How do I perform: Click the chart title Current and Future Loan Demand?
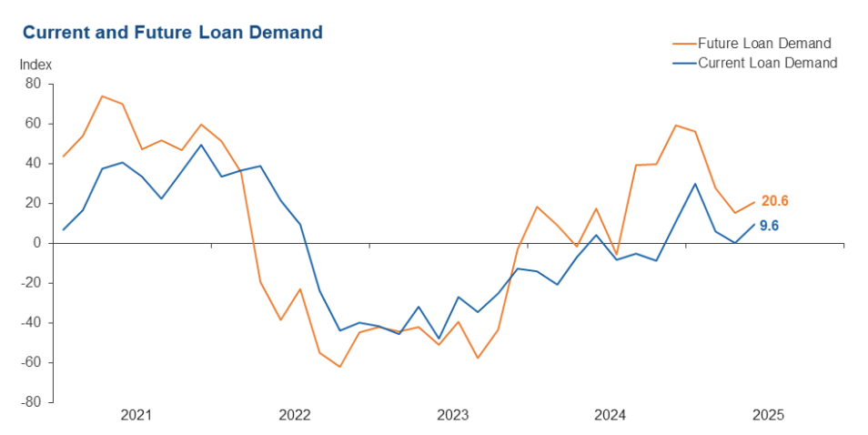(172, 33)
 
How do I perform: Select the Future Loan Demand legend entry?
(763, 43)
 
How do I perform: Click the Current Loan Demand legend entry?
(766, 63)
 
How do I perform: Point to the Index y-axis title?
(35, 65)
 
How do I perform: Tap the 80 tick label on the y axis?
(34, 84)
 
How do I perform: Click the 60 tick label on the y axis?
(34, 124)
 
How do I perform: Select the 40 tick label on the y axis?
(34, 164)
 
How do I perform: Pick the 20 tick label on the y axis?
(34, 203)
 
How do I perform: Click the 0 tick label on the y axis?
(37, 243)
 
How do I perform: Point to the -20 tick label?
(32, 283)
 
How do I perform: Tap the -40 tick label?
(32, 323)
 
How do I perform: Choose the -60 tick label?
(32, 362)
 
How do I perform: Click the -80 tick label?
(32, 402)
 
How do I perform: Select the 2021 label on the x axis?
(136, 416)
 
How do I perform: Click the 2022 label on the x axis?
(295, 416)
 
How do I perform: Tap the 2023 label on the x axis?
(452, 416)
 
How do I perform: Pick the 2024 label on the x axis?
(610, 416)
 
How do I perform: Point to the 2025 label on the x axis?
(768, 416)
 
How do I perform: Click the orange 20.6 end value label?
(775, 201)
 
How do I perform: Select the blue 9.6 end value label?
(769, 225)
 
